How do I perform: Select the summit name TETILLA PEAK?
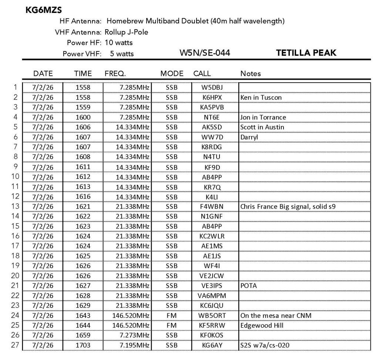coord(306,53)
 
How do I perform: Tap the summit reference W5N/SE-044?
coord(205,53)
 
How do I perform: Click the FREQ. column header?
coord(115,73)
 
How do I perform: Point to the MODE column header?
coord(172,73)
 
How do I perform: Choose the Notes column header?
coord(251,73)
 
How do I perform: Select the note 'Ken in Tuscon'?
coord(261,97)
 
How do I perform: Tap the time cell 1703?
coord(83,345)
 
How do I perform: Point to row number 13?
coord(15,206)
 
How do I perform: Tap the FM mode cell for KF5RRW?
coord(172,325)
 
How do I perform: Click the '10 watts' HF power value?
coord(118,43)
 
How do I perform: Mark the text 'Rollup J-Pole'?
coord(127,32)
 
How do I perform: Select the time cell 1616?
coord(83,196)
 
